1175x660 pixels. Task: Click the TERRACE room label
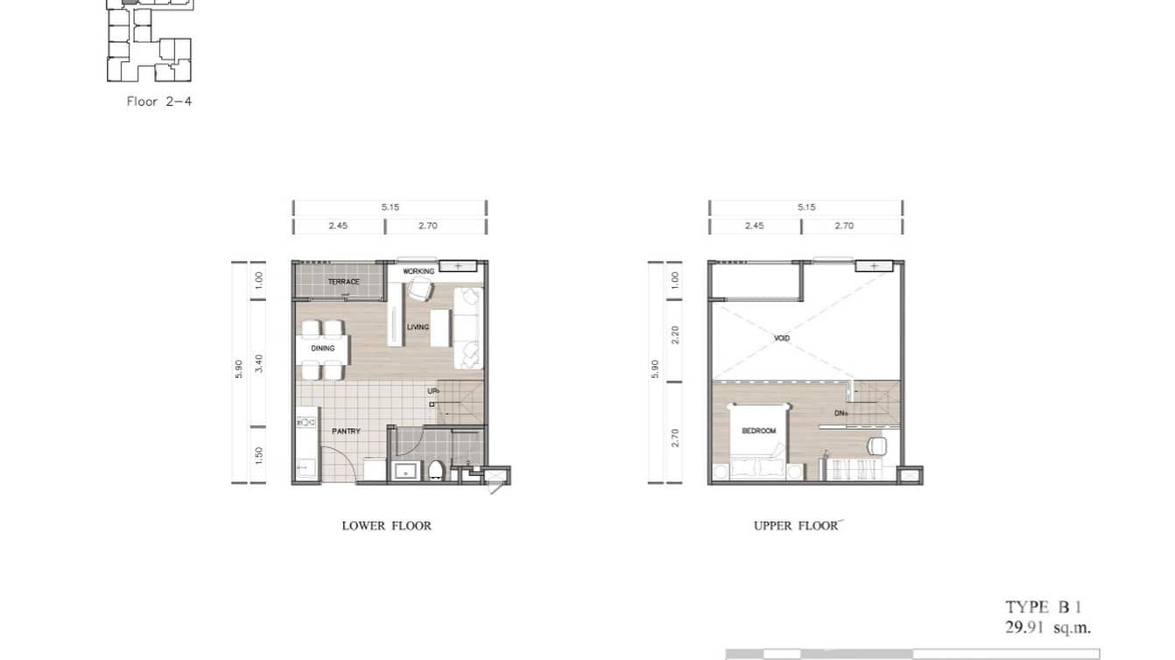[x=343, y=282]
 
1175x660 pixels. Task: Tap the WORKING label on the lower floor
[x=419, y=271]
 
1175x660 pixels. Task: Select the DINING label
[x=323, y=348]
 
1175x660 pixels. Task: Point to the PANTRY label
[x=346, y=432]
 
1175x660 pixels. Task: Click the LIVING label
[x=419, y=327]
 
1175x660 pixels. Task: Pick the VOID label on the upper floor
[x=783, y=338]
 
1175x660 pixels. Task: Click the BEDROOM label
[x=758, y=432]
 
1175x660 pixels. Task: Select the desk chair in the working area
[x=418, y=289]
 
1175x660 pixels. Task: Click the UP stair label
[x=433, y=391]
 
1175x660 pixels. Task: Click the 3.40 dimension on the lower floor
[x=258, y=362]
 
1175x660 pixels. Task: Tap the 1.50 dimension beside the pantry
[x=258, y=455]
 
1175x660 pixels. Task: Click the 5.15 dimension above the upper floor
[x=806, y=207]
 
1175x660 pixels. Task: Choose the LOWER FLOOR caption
[x=386, y=526]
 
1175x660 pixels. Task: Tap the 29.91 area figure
[x=1028, y=627]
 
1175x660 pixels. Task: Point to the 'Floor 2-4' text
[x=159, y=102]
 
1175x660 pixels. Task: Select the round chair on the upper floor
[x=876, y=446]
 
